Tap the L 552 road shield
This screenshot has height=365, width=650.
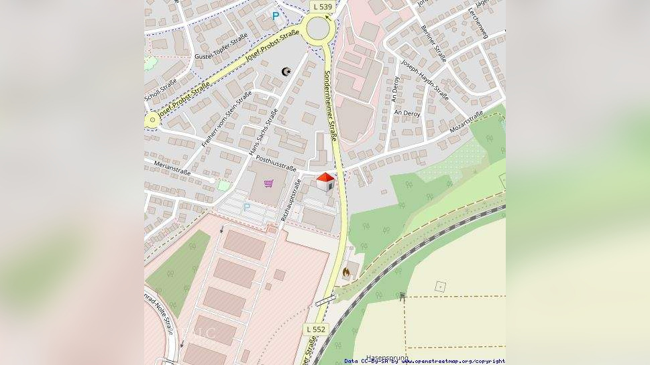point(316,330)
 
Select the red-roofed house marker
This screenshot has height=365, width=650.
point(325,181)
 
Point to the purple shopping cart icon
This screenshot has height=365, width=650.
point(268,184)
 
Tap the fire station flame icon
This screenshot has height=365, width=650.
point(346,273)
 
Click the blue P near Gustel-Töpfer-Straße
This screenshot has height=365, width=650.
point(275,15)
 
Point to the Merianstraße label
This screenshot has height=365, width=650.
point(172,167)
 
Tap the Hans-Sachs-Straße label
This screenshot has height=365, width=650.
point(263,133)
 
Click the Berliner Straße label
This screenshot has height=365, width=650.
point(434,44)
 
